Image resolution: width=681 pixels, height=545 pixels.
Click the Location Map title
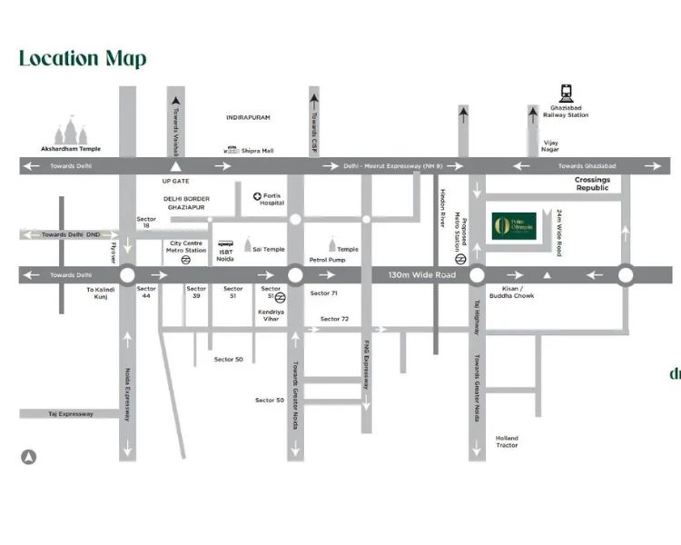coord(83,59)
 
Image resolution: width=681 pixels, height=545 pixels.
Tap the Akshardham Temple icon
coord(71,131)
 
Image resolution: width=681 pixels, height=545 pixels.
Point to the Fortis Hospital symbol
coord(258,196)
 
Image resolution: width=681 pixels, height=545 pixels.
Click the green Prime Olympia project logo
coord(514,226)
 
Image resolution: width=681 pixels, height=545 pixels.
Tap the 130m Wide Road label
coord(422,274)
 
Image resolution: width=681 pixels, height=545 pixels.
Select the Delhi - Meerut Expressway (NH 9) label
coord(393,166)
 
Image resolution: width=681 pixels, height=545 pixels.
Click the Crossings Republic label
coord(592,183)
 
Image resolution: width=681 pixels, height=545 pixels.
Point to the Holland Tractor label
coord(507,441)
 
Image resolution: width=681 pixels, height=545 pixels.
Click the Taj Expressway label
coord(71,413)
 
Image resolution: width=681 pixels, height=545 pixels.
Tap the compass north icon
coord(29,458)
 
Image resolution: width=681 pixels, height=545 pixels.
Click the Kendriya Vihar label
coord(271,315)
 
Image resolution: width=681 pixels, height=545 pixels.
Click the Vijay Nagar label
coord(550,147)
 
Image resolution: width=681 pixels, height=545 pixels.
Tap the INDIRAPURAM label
coord(248,118)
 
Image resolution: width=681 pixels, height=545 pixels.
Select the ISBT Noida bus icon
coord(224,244)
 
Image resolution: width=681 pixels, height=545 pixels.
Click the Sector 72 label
coord(334,319)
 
